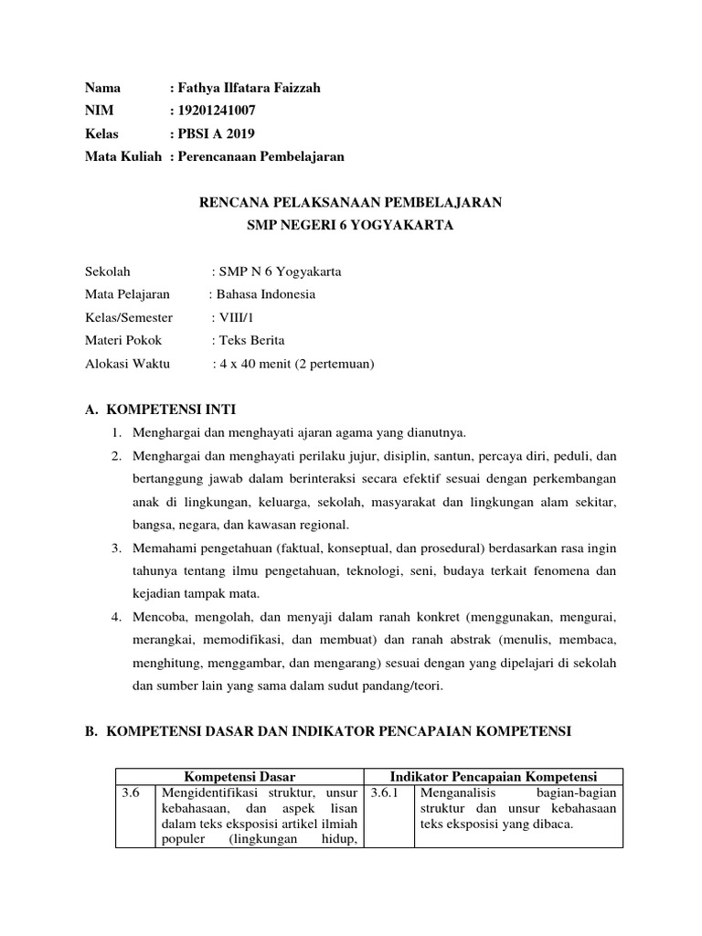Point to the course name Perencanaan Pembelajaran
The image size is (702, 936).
[261, 156]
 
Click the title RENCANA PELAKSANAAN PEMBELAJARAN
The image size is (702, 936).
[351, 201]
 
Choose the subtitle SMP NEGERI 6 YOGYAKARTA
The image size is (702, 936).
[351, 224]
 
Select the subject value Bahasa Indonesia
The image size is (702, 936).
[266, 294]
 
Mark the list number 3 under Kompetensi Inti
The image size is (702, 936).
[117, 548]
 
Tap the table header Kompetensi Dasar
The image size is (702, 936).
[239, 776]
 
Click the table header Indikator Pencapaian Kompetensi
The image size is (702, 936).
[493, 776]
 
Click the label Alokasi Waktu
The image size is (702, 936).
[123, 363]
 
